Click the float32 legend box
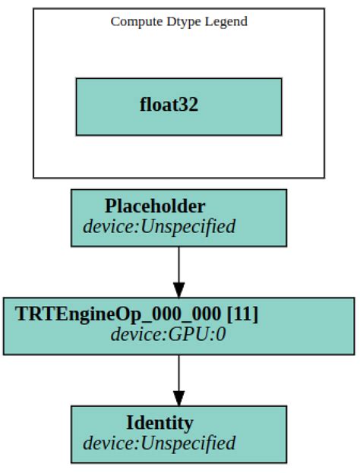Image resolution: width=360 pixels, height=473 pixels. pos(178,106)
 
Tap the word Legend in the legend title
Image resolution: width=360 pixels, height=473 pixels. pos(226,21)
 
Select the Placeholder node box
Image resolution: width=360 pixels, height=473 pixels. pos(178,218)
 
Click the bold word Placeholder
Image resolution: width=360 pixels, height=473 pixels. pos(155,207)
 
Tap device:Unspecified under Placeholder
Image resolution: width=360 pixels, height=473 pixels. pos(159,226)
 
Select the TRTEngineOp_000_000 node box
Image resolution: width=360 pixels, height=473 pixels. pos(178,326)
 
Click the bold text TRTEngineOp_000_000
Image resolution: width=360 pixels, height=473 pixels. pos(121,314)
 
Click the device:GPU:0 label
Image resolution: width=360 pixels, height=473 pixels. pos(168,334)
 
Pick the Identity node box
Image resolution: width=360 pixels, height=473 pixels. pos(178,434)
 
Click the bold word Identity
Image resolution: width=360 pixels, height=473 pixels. pos(159,423)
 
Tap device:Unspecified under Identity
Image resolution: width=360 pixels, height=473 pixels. pos(159,443)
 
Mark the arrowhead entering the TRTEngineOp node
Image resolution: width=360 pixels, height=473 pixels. pos(178,290)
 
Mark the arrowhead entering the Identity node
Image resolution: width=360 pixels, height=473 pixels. pos(178,398)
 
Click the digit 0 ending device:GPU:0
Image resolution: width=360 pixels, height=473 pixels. pos(221,334)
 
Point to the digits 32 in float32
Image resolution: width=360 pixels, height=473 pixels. pos(189,105)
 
